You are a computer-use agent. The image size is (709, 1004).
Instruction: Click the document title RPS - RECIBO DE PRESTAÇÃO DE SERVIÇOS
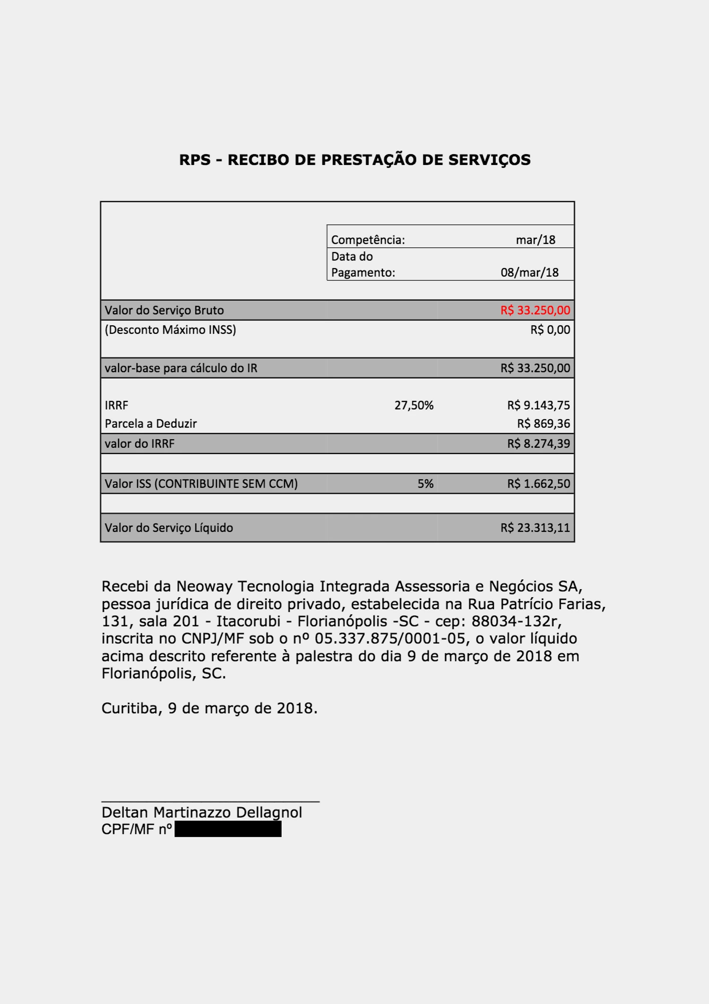tap(354, 160)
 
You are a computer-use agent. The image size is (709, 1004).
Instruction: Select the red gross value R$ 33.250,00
tap(535, 310)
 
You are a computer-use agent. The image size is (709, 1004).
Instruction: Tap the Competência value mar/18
tap(535, 240)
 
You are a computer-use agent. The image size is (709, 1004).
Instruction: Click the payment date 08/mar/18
tap(529, 272)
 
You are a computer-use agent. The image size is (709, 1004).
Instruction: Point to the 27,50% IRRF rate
tap(414, 405)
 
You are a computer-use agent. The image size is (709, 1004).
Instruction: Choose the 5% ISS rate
tap(425, 484)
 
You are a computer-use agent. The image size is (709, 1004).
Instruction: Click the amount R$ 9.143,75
tap(538, 405)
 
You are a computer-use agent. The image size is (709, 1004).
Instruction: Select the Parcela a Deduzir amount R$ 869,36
tap(543, 423)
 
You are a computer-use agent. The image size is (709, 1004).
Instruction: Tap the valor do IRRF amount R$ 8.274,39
tap(538, 444)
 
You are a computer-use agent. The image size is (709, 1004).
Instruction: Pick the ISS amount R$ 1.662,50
tap(538, 484)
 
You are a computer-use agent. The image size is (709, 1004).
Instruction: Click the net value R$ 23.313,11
tap(535, 528)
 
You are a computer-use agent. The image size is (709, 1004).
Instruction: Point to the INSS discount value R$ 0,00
tap(550, 330)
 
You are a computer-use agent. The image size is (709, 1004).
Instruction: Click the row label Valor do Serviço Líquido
tap(169, 528)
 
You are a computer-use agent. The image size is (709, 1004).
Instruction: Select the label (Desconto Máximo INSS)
tap(170, 330)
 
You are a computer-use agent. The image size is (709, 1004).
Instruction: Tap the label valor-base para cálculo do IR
tap(181, 368)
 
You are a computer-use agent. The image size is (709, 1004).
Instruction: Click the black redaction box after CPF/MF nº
tap(228, 829)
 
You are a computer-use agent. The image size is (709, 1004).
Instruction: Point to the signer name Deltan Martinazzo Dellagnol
tap(201, 812)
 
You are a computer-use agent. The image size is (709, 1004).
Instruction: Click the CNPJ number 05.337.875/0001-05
tap(390, 638)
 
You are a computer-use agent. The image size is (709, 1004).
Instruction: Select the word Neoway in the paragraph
tap(204, 586)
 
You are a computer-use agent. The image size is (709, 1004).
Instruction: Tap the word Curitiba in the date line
tap(132, 708)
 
